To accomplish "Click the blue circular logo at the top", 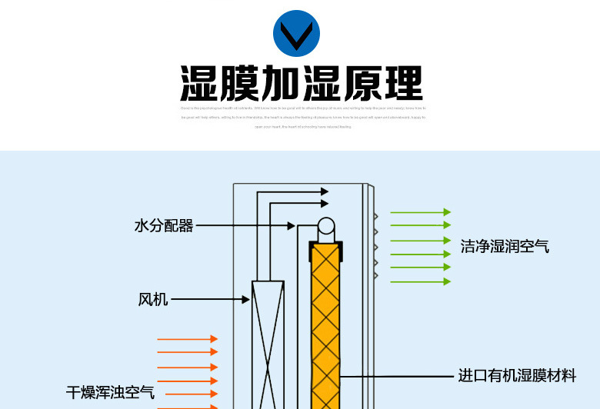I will pos(296,33).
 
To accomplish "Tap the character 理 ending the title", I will pos(402,84).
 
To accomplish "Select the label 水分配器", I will pos(164,226).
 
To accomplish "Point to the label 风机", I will pos(153,299).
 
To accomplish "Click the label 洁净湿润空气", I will pos(505,246).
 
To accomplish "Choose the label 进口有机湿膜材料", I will pos(517,376).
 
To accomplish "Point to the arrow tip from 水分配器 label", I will pos(292,226).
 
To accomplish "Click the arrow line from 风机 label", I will pos(208,299).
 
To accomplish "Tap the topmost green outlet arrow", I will pos(420,212).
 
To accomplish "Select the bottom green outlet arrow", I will pos(420,281).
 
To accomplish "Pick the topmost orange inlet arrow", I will pos(187,339).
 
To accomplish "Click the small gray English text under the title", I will pos(303,117).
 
